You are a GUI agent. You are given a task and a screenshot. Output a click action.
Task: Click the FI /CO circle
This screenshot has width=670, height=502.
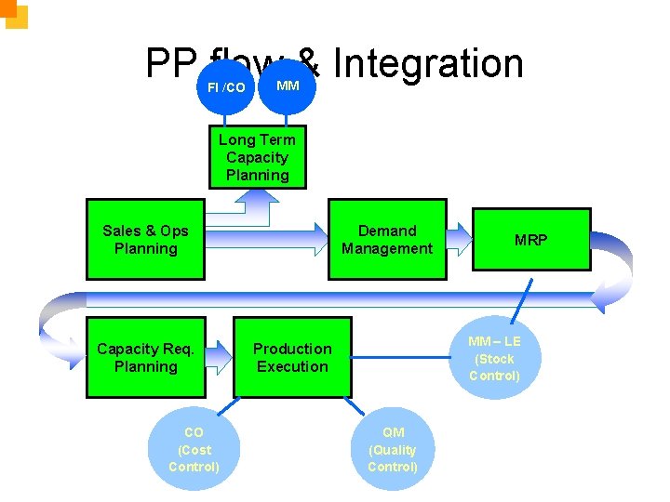pyautogui.click(x=225, y=87)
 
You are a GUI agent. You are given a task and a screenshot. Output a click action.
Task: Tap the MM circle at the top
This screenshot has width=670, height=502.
pyautogui.click(x=288, y=86)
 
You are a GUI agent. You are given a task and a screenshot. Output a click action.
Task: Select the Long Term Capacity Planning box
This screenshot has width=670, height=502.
pyautogui.click(x=257, y=157)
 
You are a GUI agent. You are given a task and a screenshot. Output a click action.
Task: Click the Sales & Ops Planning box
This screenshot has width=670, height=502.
pyautogui.click(x=145, y=240)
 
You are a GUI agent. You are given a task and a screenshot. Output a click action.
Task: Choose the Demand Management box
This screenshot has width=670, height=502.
pyautogui.click(x=387, y=240)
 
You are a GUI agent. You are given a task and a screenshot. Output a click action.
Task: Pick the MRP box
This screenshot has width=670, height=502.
pyautogui.click(x=531, y=240)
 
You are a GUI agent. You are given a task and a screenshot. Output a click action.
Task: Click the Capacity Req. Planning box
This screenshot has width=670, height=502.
pyautogui.click(x=145, y=358)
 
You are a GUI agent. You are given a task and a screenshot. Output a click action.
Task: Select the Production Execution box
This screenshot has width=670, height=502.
pyautogui.click(x=292, y=358)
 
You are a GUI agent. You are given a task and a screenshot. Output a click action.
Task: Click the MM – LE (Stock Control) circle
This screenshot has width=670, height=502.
pyautogui.click(x=494, y=359)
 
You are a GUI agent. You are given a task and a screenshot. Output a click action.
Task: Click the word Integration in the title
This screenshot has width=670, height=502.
pyautogui.click(x=427, y=63)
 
